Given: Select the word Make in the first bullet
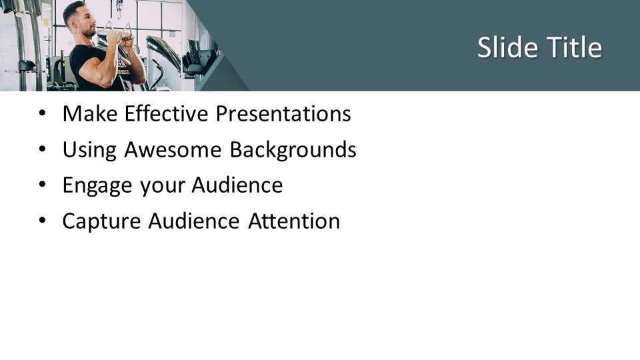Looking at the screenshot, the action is (90, 113).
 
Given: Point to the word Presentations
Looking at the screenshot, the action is (283, 113).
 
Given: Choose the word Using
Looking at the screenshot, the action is (89, 150).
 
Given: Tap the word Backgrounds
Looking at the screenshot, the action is (293, 150).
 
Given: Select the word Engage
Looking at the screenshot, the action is (97, 186).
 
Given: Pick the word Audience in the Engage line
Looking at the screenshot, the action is (237, 185).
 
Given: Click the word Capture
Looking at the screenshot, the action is (101, 221).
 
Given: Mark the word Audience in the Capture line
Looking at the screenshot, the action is (194, 221).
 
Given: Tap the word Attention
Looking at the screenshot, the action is (294, 221).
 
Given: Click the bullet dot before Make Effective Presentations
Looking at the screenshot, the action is (43, 113).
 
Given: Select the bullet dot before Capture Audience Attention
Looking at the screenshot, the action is (43, 221).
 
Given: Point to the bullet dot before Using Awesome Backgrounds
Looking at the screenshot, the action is (43, 149).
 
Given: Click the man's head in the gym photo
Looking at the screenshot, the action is (79, 19).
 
